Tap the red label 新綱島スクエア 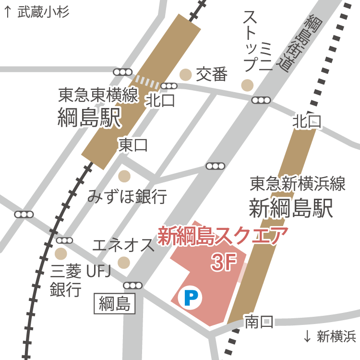(223, 237)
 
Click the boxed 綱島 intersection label (115, 303)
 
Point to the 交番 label (211, 74)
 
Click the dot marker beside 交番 (185, 74)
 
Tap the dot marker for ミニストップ (247, 85)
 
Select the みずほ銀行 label (127, 196)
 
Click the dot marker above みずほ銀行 (124, 176)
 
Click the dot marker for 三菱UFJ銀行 (61, 252)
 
